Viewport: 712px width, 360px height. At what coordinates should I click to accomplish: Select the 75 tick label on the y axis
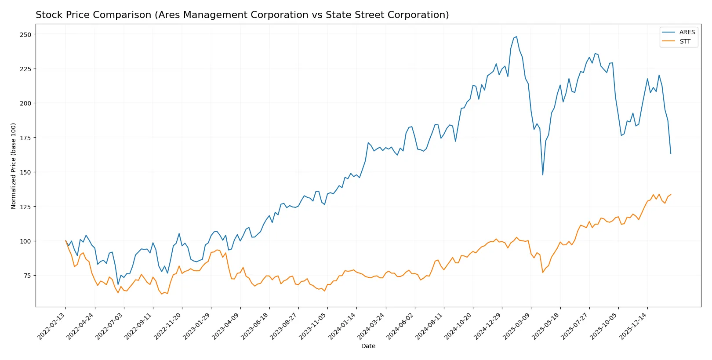(x=27, y=276)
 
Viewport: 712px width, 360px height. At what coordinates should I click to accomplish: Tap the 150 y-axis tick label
(x=25, y=172)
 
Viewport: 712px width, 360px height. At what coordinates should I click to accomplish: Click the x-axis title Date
(x=368, y=346)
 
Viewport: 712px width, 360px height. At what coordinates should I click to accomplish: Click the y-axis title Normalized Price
(x=13, y=166)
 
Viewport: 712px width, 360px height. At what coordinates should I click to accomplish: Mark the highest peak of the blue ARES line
(x=516, y=37)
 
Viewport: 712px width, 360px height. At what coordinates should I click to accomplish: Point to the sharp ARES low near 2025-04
(x=543, y=175)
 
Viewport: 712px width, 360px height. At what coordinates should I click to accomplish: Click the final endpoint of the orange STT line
(x=671, y=195)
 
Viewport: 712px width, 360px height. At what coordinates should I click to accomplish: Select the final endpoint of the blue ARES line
(x=671, y=153)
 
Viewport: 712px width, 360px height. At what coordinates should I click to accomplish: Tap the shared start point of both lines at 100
(x=66, y=241)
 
